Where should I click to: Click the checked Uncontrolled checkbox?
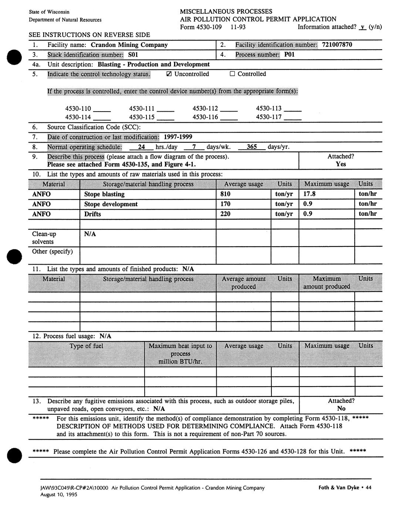(x=169, y=74)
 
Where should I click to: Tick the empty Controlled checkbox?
(x=232, y=74)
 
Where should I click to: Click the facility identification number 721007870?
(x=337, y=45)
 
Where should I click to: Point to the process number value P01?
(x=289, y=55)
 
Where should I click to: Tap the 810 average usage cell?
(x=225, y=194)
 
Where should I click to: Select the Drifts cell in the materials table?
(x=92, y=214)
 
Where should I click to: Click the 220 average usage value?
(x=225, y=214)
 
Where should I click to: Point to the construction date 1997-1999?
(x=178, y=137)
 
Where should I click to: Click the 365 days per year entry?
(x=251, y=147)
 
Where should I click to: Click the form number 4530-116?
(x=205, y=117)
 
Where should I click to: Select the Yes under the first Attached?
(x=341, y=164)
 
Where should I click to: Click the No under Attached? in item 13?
(x=341, y=408)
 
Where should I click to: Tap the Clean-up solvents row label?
(x=44, y=238)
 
